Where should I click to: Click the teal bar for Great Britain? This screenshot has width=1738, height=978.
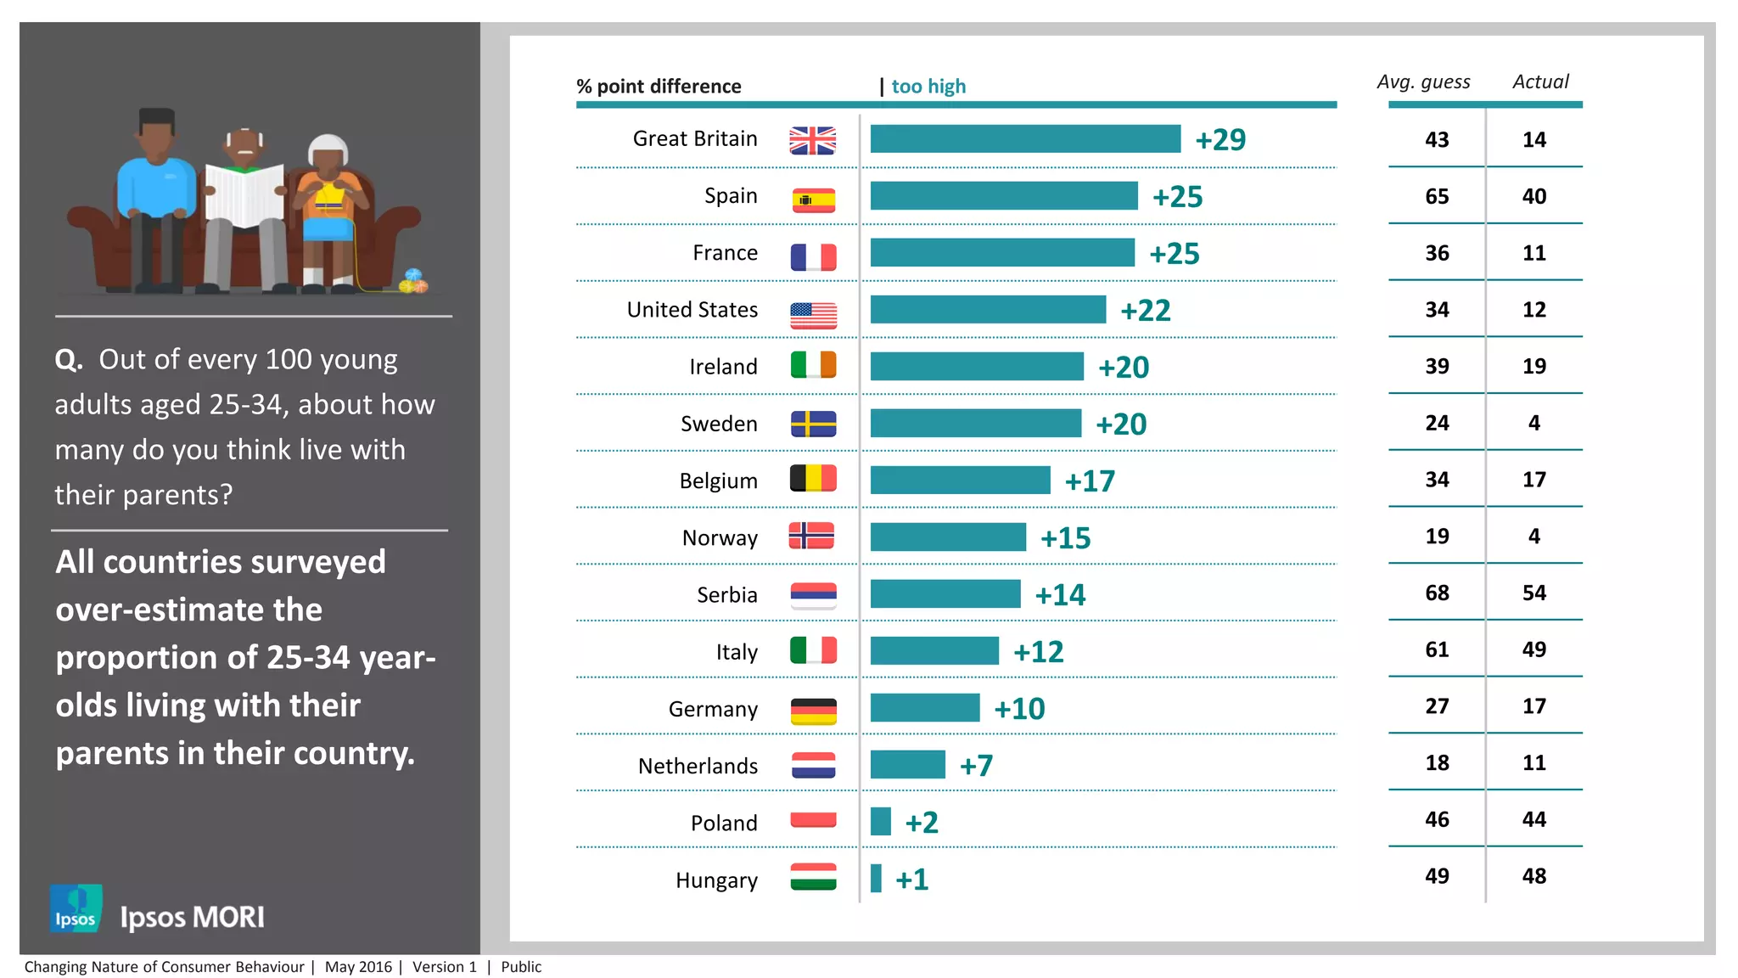click(x=1025, y=139)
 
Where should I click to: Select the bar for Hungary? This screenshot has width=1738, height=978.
click(x=876, y=879)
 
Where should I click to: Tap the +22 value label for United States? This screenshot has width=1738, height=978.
click(x=1145, y=311)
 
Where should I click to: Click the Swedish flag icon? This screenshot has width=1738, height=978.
click(x=813, y=424)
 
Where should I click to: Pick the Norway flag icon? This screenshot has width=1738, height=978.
click(x=811, y=537)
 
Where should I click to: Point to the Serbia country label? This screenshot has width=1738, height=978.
click(x=726, y=594)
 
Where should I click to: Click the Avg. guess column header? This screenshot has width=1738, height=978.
click(x=1423, y=82)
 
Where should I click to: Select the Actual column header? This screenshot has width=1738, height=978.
click(x=1540, y=81)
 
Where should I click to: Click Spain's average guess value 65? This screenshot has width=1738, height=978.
click(x=1437, y=196)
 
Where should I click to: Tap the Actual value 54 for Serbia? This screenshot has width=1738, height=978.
click(x=1533, y=593)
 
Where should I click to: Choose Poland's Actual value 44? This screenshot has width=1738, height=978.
click(x=1533, y=819)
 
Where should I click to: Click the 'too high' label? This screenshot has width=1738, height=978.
click(x=928, y=87)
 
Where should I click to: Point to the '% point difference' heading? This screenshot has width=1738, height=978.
click(x=659, y=87)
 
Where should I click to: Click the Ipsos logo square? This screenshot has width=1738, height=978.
click(x=76, y=908)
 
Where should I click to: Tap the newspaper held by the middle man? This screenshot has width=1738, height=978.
click(x=244, y=194)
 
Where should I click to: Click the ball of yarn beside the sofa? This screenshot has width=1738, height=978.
click(x=413, y=281)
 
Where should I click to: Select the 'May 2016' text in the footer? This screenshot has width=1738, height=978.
click(x=358, y=967)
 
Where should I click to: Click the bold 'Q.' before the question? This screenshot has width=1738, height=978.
click(x=69, y=360)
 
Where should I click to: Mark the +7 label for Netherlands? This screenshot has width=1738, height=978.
click(x=976, y=766)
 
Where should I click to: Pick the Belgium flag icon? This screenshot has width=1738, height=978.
click(x=813, y=479)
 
